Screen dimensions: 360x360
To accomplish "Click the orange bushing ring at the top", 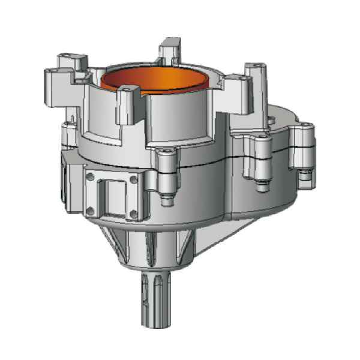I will [x=157, y=81].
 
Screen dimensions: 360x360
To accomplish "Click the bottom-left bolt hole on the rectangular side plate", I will [x=91, y=209].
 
